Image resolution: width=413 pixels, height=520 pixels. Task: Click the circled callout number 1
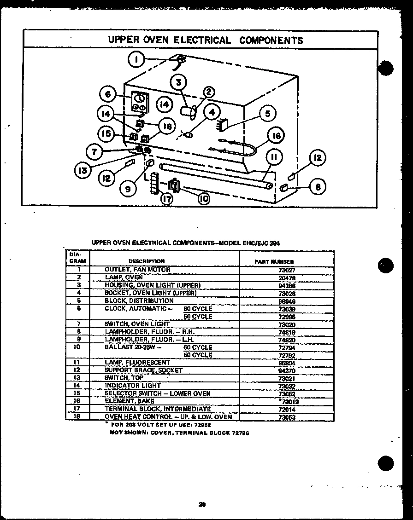point(136,59)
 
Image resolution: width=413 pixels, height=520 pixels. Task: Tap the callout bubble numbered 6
point(108,94)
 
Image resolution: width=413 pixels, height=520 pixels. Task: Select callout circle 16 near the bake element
point(276,136)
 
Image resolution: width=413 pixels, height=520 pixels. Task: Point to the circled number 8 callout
point(318,187)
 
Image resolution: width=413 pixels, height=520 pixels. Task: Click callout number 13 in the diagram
point(83,170)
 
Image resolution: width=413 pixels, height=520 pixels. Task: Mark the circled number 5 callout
point(267,113)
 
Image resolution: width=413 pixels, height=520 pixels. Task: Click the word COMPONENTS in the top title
point(271,40)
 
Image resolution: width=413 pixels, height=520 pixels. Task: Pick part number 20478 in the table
point(287,278)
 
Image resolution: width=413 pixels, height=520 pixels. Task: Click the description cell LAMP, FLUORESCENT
point(137,363)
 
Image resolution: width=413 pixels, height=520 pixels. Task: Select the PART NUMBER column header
point(274,261)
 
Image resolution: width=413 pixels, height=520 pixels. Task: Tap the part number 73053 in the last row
point(286,417)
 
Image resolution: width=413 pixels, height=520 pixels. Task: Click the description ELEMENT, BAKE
point(130,401)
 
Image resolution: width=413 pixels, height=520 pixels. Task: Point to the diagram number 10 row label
point(78,347)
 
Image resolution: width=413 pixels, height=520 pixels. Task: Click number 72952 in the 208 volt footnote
point(201,425)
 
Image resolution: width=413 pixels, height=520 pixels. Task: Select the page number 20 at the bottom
point(202,504)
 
